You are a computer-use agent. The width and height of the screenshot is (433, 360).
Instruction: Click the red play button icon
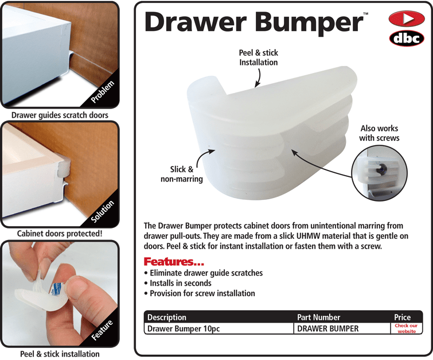pos(406,20)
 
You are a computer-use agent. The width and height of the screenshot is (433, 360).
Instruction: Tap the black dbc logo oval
pos(406,38)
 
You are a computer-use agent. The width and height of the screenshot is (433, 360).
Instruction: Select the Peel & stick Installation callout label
pos(258,57)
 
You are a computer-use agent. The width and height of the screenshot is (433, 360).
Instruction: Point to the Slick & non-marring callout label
pos(182,174)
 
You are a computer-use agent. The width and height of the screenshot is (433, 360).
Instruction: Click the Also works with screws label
pos(379,133)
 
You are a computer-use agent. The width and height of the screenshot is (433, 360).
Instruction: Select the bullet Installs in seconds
pos(180,283)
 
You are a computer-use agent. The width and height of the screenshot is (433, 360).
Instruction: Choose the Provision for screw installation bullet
pos(202,293)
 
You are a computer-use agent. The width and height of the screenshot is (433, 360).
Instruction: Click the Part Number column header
pos(318,317)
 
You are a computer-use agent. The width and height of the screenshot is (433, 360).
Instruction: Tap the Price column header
pos(402,317)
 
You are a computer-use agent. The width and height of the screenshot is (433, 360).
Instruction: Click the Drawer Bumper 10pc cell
pos(184,328)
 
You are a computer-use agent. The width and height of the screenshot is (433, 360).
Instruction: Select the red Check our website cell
pos(406,328)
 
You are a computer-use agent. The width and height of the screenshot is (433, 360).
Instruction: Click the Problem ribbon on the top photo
pos(102,91)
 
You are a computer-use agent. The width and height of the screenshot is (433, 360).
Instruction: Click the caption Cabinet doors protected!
pos(60,234)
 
